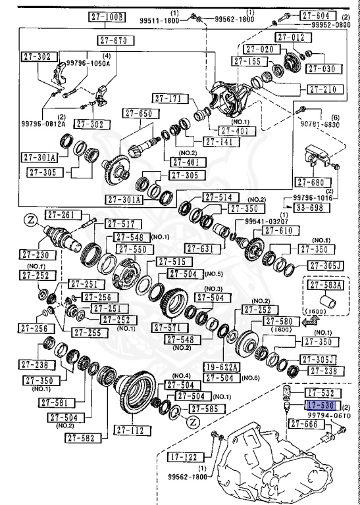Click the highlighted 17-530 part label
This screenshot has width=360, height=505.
click(x=322, y=406)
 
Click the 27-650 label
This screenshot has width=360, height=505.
click(x=136, y=114)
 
